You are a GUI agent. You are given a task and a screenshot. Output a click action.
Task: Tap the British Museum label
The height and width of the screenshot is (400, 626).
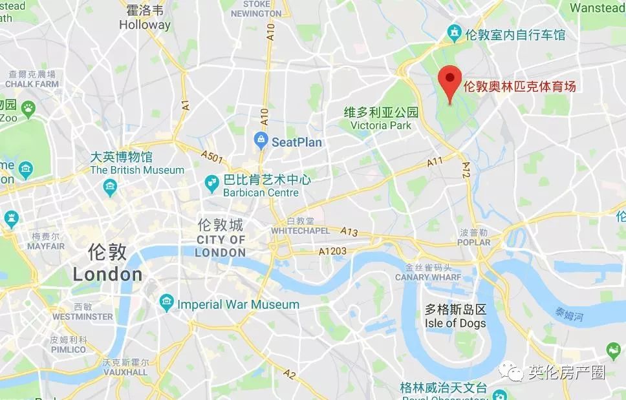click(x=136, y=170)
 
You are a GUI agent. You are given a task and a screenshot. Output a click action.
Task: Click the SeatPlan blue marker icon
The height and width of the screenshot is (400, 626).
click(x=261, y=139)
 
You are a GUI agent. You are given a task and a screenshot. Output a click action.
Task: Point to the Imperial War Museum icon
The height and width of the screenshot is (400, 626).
click(x=167, y=302)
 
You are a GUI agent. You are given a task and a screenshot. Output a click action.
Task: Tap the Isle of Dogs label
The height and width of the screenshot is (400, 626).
click(x=455, y=323)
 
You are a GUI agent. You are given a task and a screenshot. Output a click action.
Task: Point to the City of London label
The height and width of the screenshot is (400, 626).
click(x=220, y=246)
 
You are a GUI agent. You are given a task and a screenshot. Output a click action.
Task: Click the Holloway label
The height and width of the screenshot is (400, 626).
click(x=145, y=25)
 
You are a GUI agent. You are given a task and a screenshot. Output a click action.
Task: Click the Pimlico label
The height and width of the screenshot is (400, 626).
click(x=68, y=350)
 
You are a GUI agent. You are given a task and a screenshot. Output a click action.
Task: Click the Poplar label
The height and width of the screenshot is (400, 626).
click(x=474, y=242)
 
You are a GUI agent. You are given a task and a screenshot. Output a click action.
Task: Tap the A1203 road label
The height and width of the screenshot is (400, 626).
click(x=332, y=251)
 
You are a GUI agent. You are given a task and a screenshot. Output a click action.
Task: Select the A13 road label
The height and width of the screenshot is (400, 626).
click(x=349, y=232)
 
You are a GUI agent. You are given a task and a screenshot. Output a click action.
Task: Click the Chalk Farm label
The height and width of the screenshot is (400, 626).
click(x=32, y=84)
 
